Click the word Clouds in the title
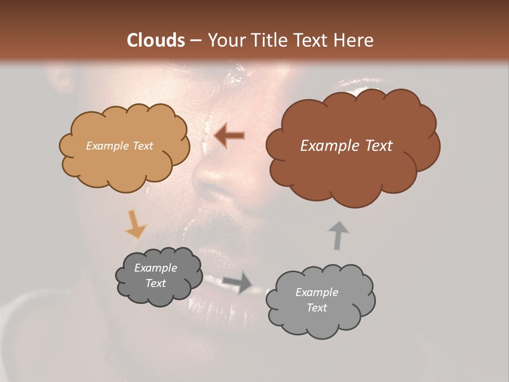(155, 40)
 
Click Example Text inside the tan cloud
(119, 146)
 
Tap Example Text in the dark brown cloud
(346, 146)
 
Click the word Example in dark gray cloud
(155, 268)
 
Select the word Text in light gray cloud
(317, 308)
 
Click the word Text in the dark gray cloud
(155, 283)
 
